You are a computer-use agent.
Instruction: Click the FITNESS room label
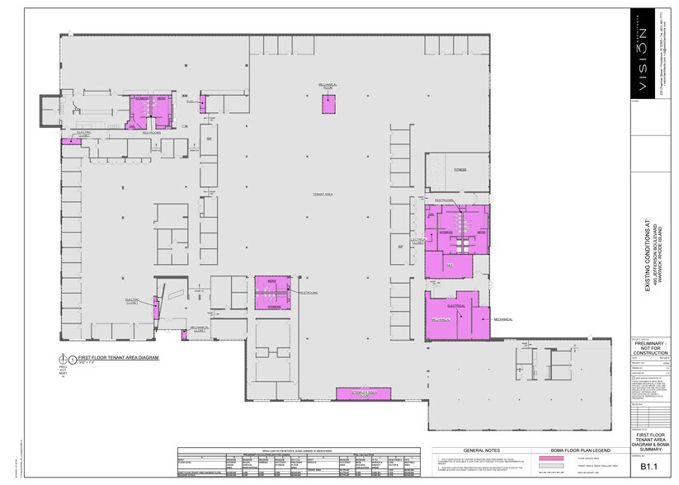click(460, 170)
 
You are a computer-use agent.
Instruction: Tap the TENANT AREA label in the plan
click(322, 194)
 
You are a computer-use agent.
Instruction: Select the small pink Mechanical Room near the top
click(328, 104)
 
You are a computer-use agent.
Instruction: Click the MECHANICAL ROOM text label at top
click(328, 86)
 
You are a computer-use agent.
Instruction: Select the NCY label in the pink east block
click(450, 266)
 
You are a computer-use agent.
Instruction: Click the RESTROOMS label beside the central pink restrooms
click(308, 293)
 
